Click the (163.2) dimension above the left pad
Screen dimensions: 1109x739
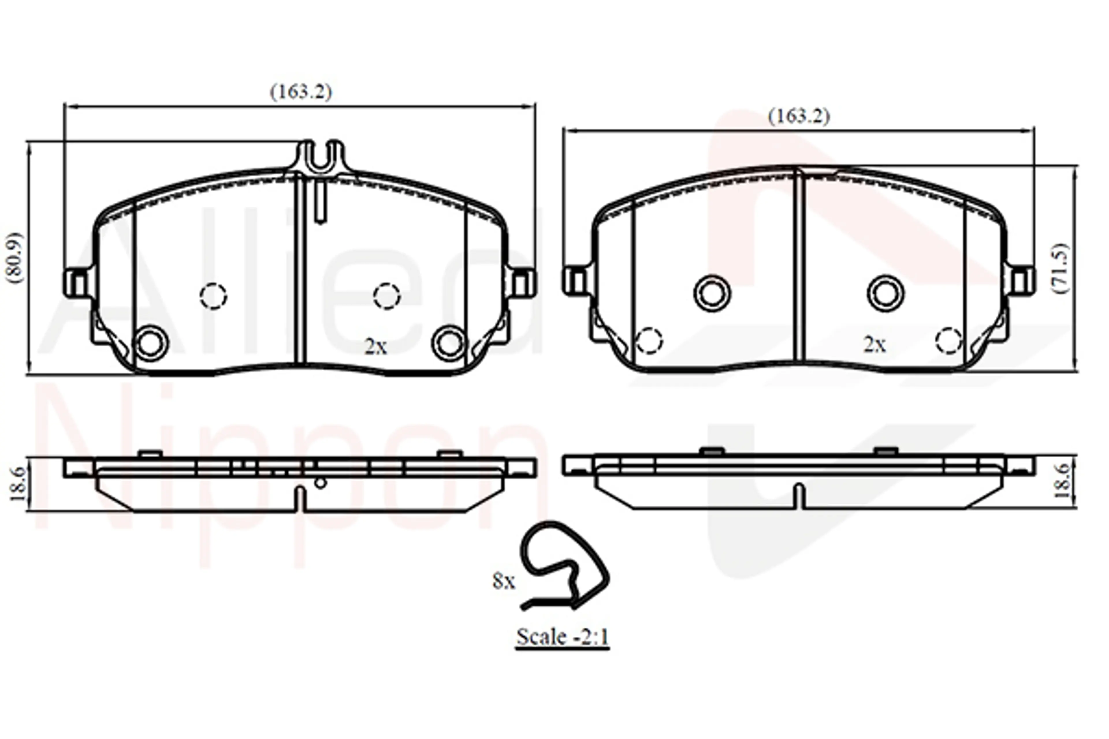[301, 92]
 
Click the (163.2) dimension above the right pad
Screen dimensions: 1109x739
[799, 116]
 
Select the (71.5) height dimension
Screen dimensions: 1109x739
[1061, 269]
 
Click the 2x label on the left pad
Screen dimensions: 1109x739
[376, 347]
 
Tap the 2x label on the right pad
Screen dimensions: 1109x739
[875, 345]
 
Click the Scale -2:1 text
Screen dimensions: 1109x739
[563, 637]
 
